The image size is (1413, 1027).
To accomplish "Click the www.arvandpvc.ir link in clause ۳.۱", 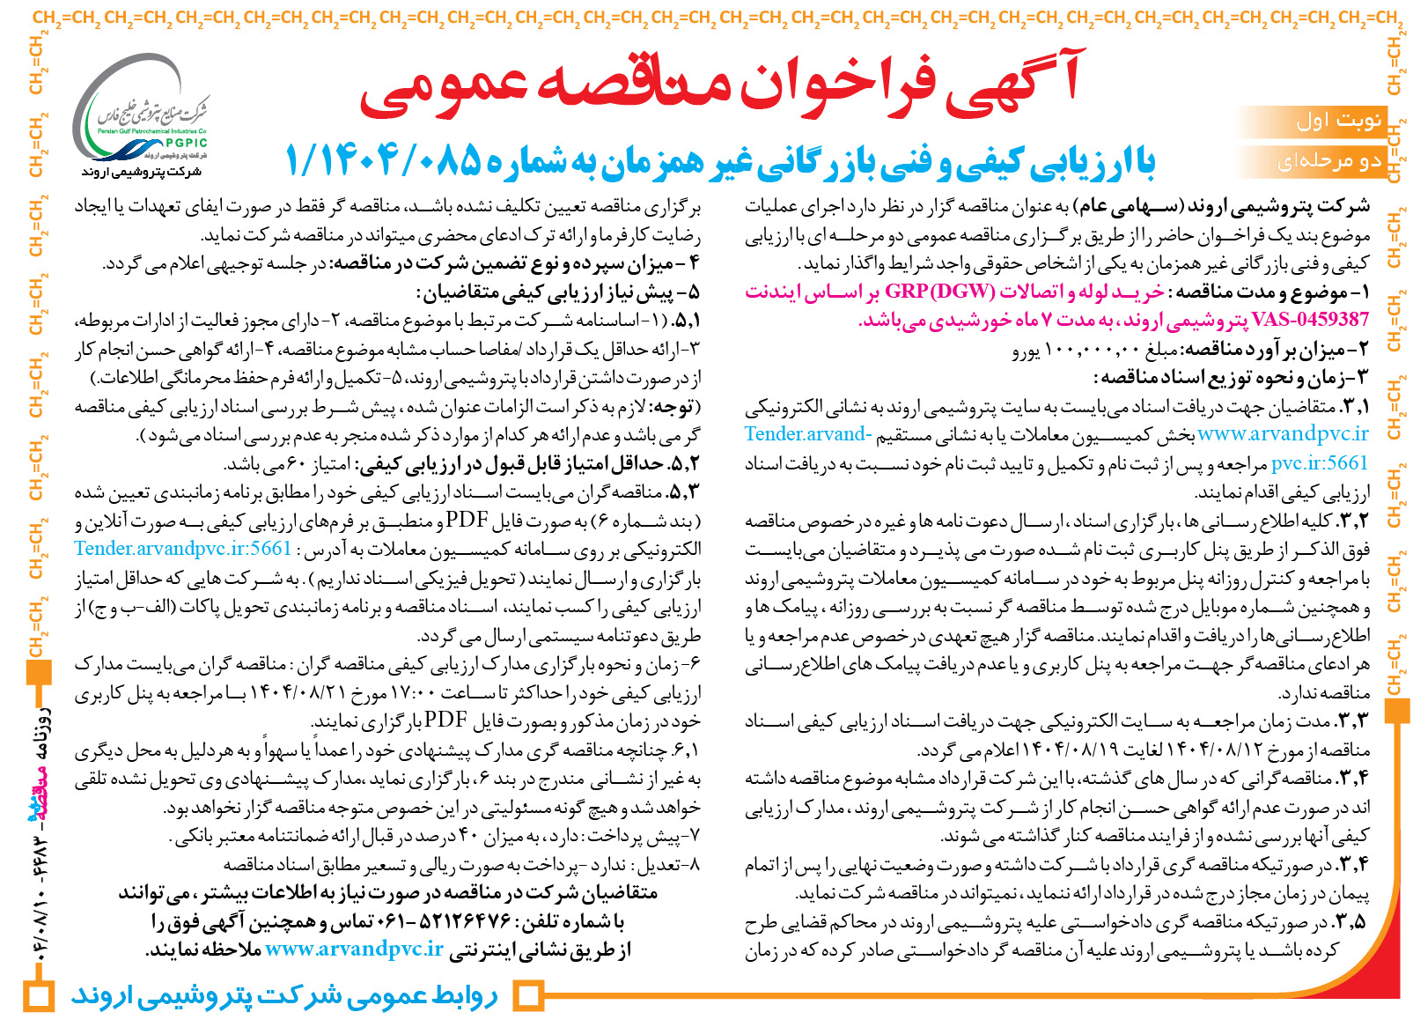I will (1283, 433).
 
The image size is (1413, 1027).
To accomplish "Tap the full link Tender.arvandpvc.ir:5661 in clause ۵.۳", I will (183, 549).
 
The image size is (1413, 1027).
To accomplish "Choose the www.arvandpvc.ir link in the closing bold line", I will (354, 949).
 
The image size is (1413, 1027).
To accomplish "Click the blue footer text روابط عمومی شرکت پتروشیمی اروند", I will (284, 995).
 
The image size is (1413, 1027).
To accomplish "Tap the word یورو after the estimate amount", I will (1026, 351).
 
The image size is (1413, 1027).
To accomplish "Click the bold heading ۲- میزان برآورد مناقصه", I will (1268, 351).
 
